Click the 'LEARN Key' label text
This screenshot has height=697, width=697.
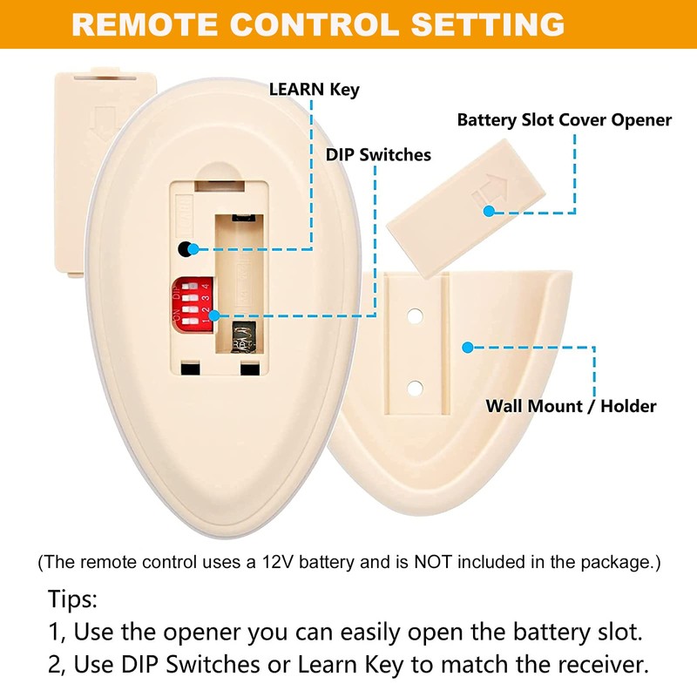(314, 90)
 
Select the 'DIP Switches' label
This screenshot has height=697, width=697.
(378, 155)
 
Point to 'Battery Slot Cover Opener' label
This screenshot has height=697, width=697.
(564, 120)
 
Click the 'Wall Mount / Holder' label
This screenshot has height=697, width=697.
(571, 406)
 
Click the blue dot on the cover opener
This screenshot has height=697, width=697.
(491, 210)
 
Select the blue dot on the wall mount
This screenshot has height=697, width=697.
(467, 347)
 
